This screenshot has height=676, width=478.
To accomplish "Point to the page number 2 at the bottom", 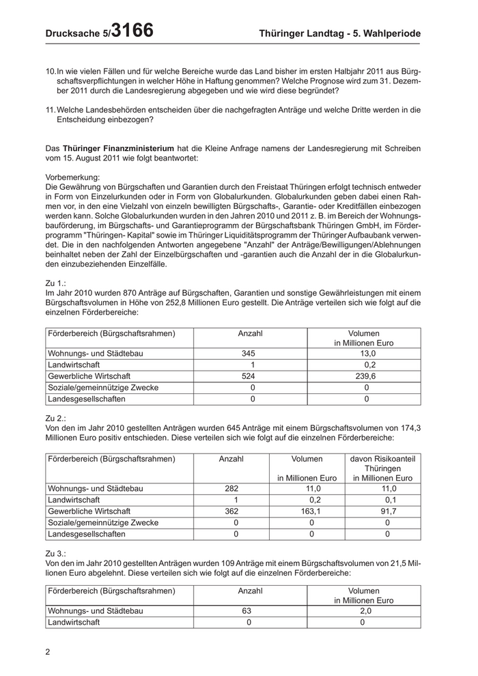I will pos(48,651).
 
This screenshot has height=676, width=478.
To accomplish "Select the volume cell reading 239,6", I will pos(365,376).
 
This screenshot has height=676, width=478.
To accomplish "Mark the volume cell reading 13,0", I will pos(365,354).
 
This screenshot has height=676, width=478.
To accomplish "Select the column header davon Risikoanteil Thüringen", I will pos(386,468).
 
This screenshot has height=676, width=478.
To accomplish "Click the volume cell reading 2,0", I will pos(365,611).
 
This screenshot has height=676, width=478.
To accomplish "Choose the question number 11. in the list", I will pos(51,109).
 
